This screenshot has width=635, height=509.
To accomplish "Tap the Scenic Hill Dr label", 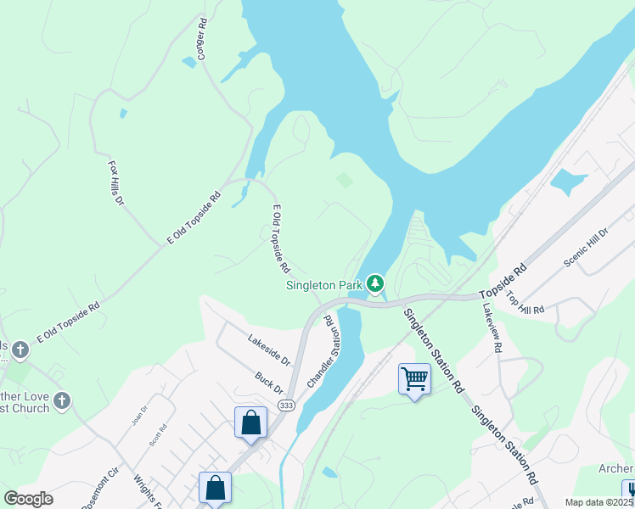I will pos(587,248).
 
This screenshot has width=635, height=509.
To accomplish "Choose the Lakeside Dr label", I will pos(268,346).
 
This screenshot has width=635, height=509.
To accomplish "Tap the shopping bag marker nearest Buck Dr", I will pos(251,422).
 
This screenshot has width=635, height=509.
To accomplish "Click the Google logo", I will pos(28,499).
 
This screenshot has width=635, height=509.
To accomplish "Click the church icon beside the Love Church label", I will pos(60,400).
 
